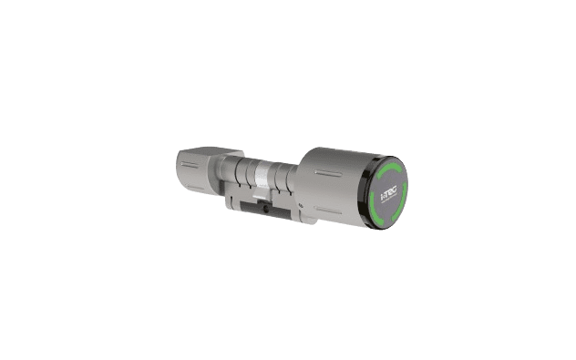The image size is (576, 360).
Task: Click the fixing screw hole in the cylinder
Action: coord(265,210)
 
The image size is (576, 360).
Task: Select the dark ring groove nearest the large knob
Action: coord(290,182)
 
